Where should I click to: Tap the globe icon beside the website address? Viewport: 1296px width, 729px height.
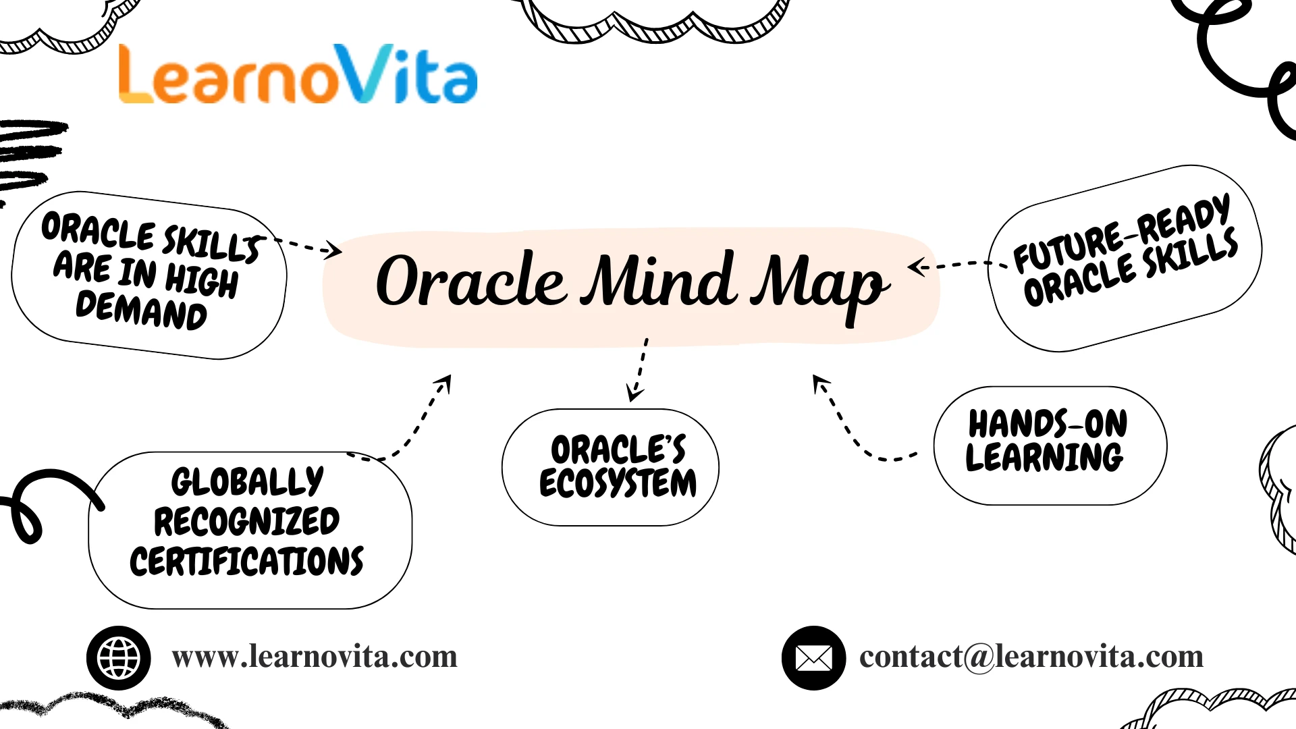[119, 657]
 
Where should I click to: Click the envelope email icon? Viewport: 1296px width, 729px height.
[813, 657]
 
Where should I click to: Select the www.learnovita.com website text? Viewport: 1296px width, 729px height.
[315, 657]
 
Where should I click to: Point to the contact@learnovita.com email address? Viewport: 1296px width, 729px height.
[1031, 657]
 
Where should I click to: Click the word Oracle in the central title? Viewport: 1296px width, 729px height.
[470, 281]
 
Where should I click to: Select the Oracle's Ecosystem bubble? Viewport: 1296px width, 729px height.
[611, 467]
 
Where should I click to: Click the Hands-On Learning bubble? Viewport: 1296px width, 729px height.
[1050, 446]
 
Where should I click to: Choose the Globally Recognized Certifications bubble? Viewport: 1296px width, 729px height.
[250, 531]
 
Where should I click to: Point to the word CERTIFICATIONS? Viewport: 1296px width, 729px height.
[247, 562]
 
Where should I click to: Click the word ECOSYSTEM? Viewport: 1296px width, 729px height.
[618, 483]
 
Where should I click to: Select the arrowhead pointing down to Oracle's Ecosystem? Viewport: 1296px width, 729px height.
[634, 394]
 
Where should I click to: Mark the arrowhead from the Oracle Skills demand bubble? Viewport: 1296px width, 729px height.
[333, 251]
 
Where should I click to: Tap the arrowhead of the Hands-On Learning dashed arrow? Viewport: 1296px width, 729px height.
[819, 383]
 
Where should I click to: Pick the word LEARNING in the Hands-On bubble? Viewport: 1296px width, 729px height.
[1045, 458]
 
